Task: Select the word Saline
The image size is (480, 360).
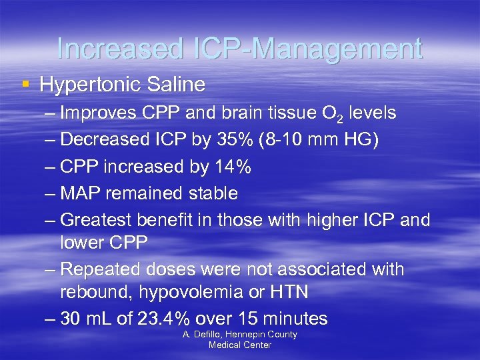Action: click(x=174, y=85)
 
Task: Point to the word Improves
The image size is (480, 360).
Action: click(x=97, y=113)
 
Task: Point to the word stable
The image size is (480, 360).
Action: click(x=210, y=193)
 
